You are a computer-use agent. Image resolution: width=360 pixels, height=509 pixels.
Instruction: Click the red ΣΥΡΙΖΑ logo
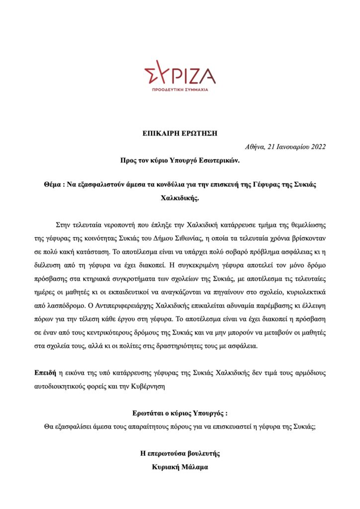click(x=180, y=75)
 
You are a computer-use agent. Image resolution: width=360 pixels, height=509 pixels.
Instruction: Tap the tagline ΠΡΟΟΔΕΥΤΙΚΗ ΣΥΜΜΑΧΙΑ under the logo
click(x=180, y=90)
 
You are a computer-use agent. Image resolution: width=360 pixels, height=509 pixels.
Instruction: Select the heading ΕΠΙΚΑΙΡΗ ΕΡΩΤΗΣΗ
click(x=180, y=133)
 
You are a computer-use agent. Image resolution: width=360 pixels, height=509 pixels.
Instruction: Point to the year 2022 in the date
click(x=316, y=146)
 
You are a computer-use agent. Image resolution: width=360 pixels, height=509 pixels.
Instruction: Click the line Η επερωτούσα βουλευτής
click(x=180, y=453)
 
